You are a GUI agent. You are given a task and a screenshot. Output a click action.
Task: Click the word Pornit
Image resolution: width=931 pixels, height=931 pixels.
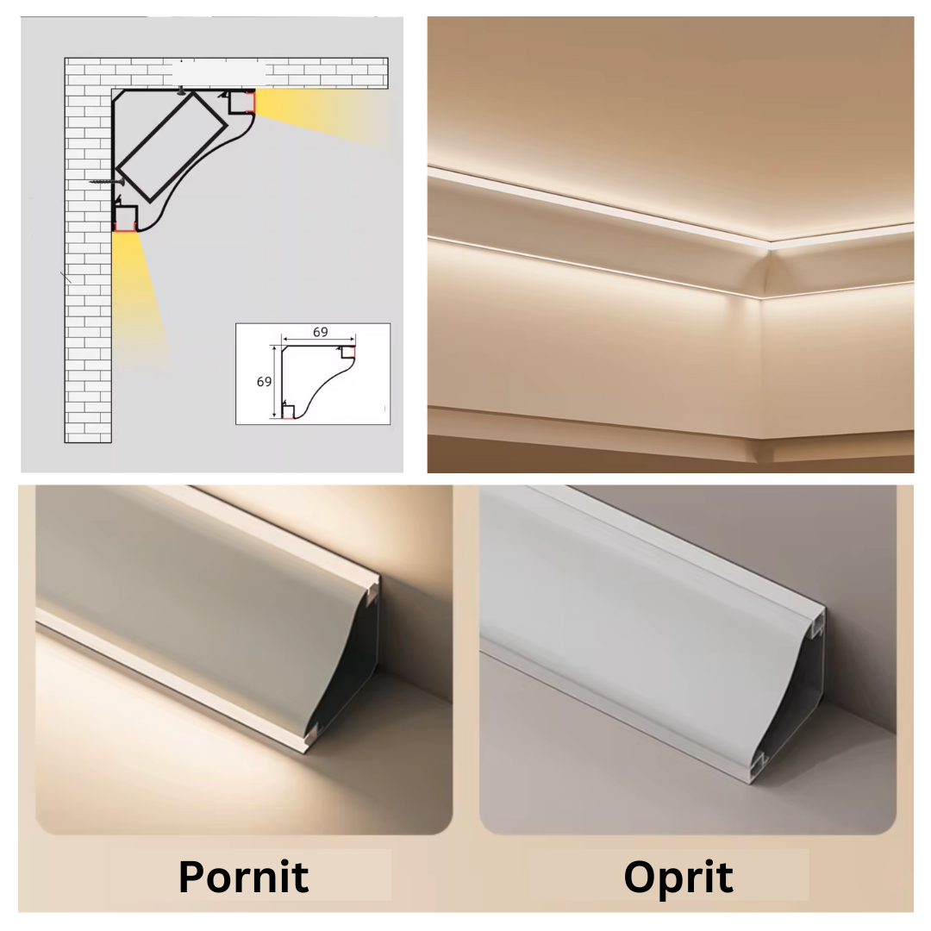(243, 876)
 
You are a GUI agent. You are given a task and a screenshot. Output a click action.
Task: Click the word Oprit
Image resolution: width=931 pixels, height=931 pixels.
(678, 876)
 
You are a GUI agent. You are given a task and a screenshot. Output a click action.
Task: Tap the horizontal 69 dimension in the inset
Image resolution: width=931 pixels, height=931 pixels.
(320, 332)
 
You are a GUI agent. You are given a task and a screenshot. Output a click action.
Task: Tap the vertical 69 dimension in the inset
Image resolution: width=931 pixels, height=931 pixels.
(265, 381)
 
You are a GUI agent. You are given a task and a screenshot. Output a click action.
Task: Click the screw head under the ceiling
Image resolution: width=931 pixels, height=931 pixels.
(180, 91)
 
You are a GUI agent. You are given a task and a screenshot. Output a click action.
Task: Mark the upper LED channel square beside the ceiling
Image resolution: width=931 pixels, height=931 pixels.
(241, 103)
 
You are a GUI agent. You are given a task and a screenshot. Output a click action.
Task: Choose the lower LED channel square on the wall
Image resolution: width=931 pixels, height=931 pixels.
(125, 219)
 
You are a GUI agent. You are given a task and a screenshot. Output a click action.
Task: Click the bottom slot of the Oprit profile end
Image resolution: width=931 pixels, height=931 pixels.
(759, 762)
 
